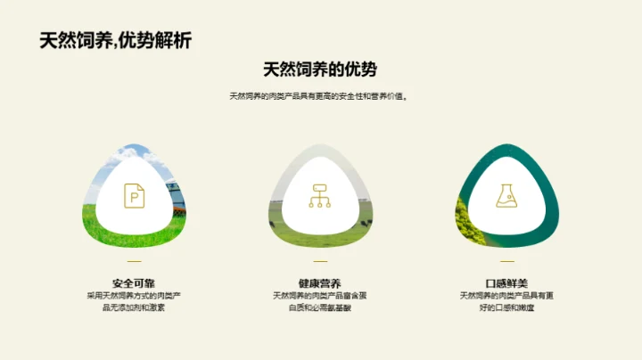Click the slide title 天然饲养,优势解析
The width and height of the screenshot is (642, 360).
(115, 41)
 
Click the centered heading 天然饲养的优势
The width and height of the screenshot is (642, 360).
(320, 70)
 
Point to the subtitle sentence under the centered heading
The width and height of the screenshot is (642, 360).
(320, 96)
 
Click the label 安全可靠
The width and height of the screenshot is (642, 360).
(134, 283)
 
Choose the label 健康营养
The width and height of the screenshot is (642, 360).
(320, 283)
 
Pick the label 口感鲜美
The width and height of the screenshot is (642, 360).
(506, 283)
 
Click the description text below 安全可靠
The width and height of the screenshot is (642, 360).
(134, 301)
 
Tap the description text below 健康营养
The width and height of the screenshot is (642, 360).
(320, 301)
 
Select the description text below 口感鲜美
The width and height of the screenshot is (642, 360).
(506, 301)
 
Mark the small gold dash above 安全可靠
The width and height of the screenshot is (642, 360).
(134, 261)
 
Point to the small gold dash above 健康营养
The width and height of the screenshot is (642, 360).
(320, 261)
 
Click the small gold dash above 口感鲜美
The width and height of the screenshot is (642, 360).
(506, 261)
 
